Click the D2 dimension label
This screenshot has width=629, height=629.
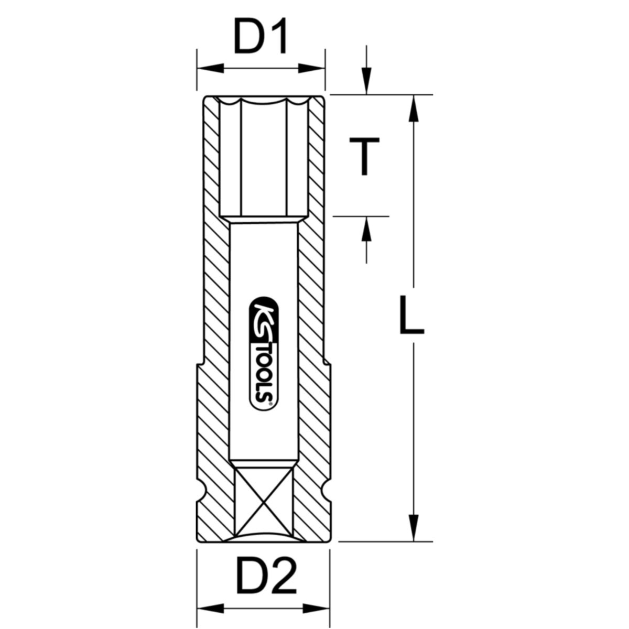(261, 578)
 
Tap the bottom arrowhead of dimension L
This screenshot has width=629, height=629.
(414, 526)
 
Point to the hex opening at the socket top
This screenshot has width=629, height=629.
(261, 157)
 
